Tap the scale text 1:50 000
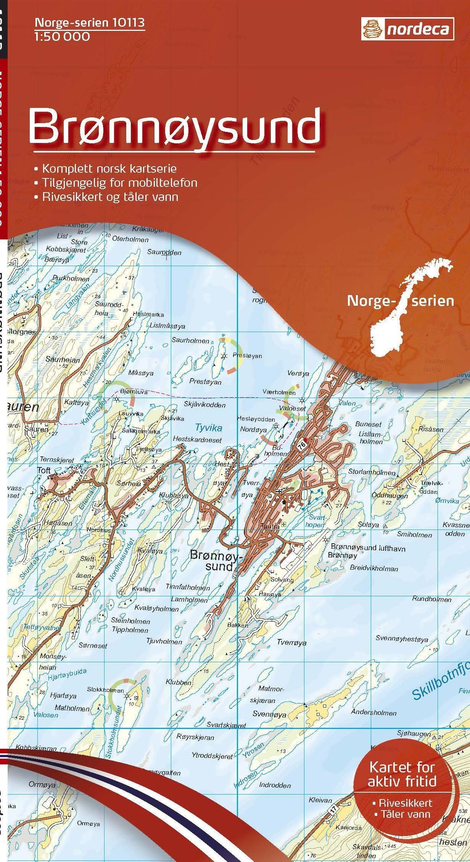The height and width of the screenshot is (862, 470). point(62,37)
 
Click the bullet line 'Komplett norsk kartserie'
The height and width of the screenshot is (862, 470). point(109,168)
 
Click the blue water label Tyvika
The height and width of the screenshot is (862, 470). point(208,427)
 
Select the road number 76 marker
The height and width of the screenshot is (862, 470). point(302,445)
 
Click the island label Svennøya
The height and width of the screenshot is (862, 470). point(269,714)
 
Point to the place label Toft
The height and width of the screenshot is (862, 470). point(44,470)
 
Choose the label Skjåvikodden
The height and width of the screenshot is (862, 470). point(204,405)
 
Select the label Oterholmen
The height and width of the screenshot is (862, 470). point(130,239)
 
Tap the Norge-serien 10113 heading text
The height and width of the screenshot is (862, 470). point(90,23)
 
